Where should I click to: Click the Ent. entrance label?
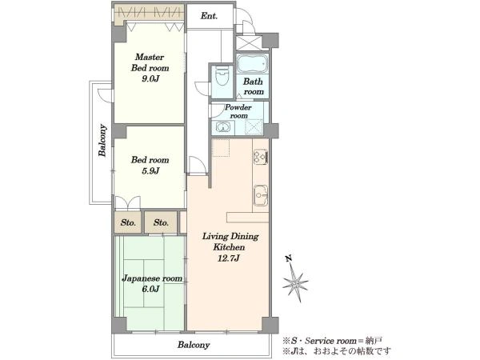point(209,16)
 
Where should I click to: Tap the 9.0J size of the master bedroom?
point(150,78)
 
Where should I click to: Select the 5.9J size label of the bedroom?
point(150,171)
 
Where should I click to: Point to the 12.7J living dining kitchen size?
point(228,258)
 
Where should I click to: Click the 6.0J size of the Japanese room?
point(150,289)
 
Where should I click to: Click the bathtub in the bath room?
point(252,64)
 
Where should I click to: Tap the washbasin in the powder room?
point(223,126)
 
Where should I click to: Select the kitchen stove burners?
point(261,157)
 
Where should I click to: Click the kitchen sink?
point(261,195)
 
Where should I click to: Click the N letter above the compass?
point(289,258)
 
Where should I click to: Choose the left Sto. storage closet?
point(128,222)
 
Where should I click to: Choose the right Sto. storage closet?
point(161,222)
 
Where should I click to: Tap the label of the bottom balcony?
point(194,345)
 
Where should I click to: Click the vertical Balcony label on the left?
point(102,141)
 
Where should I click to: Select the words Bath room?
point(254,86)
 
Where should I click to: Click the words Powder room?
point(238,111)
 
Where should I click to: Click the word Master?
point(150,57)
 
